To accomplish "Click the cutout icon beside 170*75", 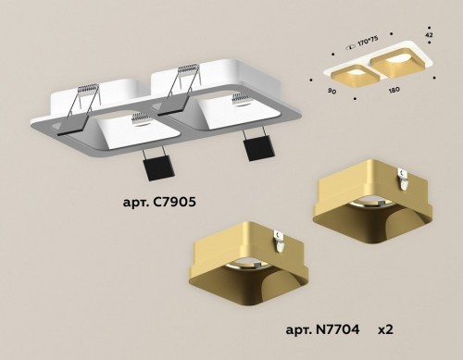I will (348, 43).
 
